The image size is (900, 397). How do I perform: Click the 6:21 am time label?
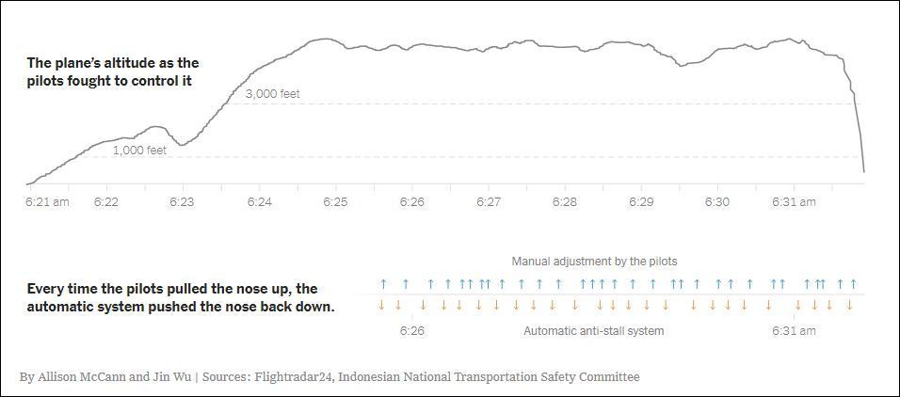pyautogui.click(x=47, y=202)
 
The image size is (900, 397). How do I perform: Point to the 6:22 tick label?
pyautogui.click(x=106, y=202)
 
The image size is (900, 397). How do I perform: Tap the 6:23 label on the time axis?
pyautogui.click(x=182, y=202)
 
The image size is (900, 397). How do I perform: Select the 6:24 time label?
pyautogui.click(x=260, y=202)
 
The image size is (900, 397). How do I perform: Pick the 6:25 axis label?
pyautogui.click(x=336, y=202)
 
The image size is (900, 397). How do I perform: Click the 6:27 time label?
pyautogui.click(x=489, y=202)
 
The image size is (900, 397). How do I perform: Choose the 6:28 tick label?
pyautogui.click(x=565, y=202)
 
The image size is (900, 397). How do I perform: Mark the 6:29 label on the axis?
pyautogui.click(x=641, y=202)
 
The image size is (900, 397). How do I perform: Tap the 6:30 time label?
pyautogui.click(x=717, y=202)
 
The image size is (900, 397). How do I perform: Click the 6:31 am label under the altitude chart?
pyautogui.click(x=794, y=202)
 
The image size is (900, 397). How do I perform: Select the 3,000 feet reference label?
pyautogui.click(x=273, y=94)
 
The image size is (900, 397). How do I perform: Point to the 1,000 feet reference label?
pyautogui.click(x=139, y=150)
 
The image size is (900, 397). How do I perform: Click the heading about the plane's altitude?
pyautogui.click(x=112, y=72)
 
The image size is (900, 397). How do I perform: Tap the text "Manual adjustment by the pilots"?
pyautogui.click(x=594, y=261)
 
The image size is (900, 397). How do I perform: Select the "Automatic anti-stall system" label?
pyautogui.click(x=593, y=331)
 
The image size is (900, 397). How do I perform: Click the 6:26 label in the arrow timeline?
pyautogui.click(x=411, y=331)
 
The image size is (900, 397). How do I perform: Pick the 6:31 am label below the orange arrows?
pyautogui.click(x=794, y=331)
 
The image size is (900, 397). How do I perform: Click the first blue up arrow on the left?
pyautogui.click(x=383, y=283)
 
